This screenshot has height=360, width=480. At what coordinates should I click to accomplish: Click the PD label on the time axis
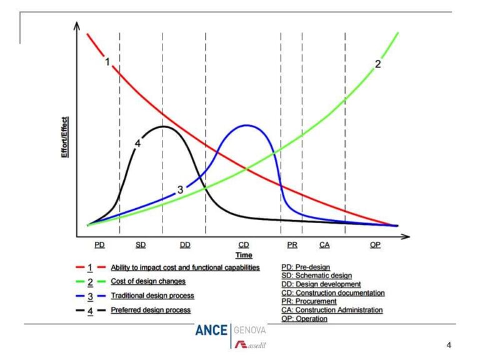click(99, 245)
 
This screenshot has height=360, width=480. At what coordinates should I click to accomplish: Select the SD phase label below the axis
click(141, 245)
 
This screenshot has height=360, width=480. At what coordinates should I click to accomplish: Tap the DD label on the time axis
click(184, 245)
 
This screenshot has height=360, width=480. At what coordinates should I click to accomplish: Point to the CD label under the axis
click(244, 245)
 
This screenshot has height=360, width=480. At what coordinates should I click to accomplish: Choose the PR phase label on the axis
click(292, 245)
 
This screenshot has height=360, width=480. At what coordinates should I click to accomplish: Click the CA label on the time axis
click(324, 245)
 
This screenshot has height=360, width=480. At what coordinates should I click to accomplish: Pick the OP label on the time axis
click(375, 245)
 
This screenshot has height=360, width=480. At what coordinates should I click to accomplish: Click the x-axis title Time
click(244, 255)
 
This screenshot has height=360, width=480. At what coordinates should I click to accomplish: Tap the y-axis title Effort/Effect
click(64, 137)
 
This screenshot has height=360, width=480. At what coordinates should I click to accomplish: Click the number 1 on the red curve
click(107, 62)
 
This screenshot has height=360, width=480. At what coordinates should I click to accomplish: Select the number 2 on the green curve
click(377, 64)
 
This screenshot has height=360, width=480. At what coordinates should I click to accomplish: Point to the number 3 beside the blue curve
click(180, 189)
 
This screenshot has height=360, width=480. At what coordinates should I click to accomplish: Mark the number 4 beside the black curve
click(137, 143)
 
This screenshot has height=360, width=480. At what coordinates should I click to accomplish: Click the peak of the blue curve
click(246, 125)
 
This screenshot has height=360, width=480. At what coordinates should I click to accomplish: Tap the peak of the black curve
click(163, 126)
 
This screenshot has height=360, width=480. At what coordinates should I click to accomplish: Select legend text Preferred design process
click(151, 309)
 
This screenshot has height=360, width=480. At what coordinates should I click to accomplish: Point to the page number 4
click(448, 344)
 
